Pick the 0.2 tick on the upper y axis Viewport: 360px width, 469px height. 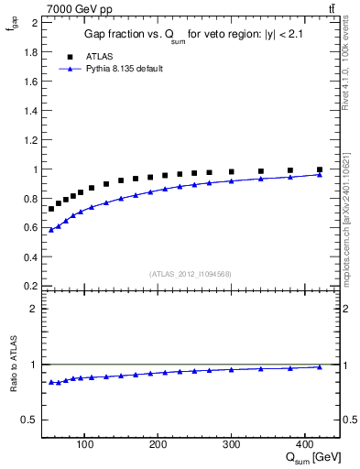[x=31, y=286]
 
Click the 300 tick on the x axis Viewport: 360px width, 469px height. [x=231, y=445]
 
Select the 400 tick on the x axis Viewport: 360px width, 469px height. [x=304, y=445]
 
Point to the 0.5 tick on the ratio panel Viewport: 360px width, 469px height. [x=30, y=420]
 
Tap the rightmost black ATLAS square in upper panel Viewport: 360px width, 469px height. [x=319, y=169]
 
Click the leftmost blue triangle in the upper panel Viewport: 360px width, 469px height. [x=51, y=230]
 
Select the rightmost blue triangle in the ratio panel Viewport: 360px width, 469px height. [x=319, y=366]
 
